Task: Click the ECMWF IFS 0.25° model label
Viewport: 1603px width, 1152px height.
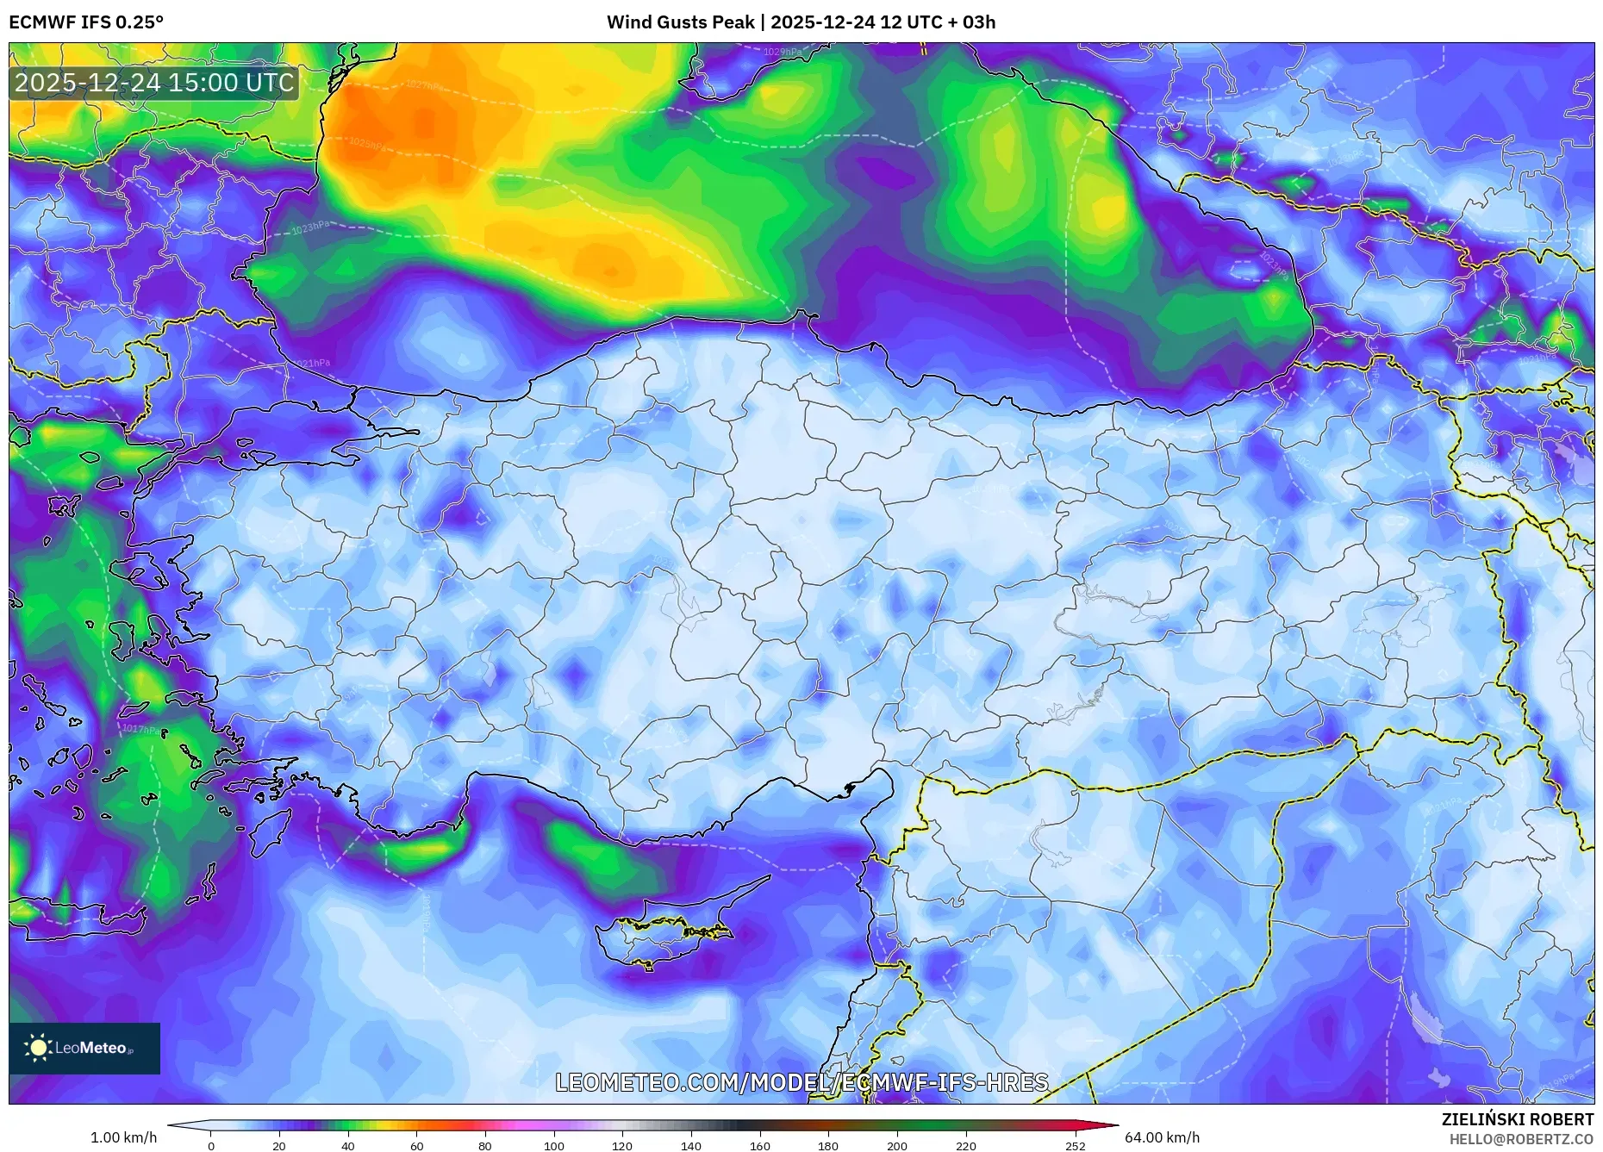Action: coord(85,22)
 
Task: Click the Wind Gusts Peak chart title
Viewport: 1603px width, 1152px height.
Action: coord(801,22)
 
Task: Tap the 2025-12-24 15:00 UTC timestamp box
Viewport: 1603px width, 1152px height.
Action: coord(154,83)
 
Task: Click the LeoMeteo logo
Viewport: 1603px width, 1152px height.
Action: coord(84,1048)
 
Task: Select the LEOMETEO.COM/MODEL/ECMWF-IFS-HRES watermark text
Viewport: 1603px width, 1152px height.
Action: coord(801,1082)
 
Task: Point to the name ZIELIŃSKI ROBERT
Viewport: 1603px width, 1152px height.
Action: coord(1517,1119)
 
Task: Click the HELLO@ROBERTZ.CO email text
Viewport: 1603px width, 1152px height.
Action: coord(1521,1139)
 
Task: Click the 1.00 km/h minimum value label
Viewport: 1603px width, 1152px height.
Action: coord(123,1137)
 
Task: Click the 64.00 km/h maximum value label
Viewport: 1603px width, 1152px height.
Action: coord(1162,1137)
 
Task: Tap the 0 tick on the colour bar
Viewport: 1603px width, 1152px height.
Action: coord(211,1146)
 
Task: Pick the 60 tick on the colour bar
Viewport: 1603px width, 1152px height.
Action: coord(417,1146)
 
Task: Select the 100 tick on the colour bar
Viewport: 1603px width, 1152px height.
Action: coord(554,1146)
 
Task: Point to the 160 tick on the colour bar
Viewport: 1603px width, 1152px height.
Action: coord(760,1146)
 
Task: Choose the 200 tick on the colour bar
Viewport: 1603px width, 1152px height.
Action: coord(897,1146)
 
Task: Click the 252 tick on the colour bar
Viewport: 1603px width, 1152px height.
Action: coord(1075,1146)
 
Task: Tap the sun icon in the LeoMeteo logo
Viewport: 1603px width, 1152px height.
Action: coord(38,1048)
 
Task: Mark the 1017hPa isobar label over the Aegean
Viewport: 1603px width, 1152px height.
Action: coord(140,729)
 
